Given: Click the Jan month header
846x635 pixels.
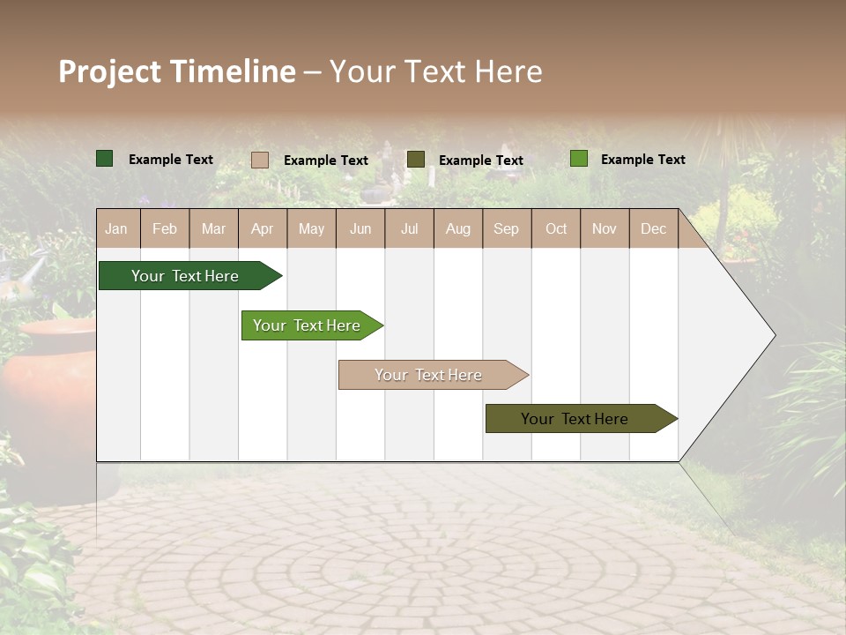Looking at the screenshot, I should click(117, 228).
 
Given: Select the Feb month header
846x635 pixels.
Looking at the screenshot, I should click(165, 228).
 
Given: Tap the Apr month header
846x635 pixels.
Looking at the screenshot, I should click(263, 228).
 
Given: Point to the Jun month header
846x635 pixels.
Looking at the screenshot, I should click(360, 228).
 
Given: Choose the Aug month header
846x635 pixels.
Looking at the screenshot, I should click(458, 228).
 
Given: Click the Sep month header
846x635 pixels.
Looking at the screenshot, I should click(507, 228).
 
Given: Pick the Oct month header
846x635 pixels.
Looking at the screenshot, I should click(556, 228).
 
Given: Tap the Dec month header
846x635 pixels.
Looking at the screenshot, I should click(654, 228).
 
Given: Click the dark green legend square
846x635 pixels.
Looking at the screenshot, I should click(105, 159).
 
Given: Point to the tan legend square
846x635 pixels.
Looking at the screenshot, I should click(260, 160).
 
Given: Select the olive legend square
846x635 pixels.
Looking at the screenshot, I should click(416, 159).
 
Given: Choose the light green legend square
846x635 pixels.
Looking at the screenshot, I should click(579, 159).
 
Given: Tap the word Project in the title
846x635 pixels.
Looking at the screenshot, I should click(110, 71).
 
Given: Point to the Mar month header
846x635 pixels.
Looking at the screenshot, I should click(214, 228).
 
